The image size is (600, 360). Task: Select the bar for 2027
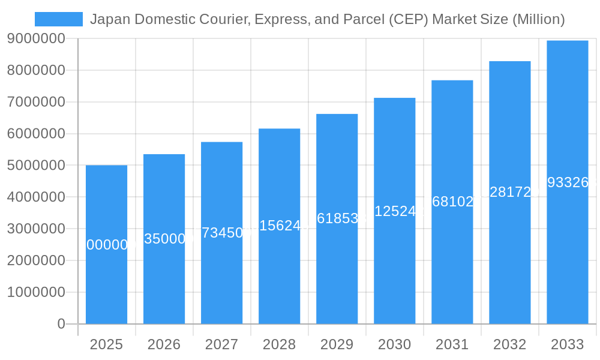[x=221, y=276]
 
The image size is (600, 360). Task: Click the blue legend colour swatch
[x=59, y=19]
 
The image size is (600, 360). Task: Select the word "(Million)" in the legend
[x=538, y=19]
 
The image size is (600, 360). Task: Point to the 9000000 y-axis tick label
[x=36, y=38]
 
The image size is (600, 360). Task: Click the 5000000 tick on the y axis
[x=36, y=165]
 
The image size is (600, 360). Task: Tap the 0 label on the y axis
[x=61, y=324]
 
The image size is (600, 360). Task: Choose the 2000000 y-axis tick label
[x=36, y=260]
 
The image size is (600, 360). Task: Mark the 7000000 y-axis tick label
[x=36, y=102]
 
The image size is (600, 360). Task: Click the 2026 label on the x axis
[x=164, y=344]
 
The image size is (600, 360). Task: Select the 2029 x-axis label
[x=337, y=344]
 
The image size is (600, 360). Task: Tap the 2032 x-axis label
[x=509, y=344]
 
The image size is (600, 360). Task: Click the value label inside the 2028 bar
[x=279, y=226]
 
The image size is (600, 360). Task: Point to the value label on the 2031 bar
[x=452, y=202]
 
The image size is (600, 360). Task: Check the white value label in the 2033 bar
[x=567, y=182]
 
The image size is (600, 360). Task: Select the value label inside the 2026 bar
[x=164, y=239]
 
